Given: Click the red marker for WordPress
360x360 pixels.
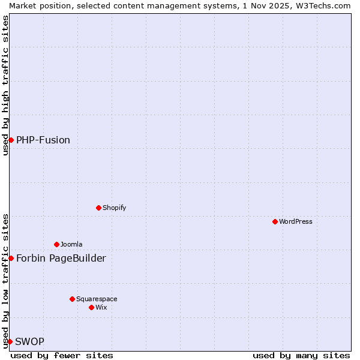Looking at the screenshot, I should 275,221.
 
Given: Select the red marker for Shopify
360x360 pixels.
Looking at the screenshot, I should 98,208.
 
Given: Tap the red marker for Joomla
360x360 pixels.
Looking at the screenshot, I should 56,244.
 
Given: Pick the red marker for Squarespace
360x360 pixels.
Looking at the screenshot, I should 72,299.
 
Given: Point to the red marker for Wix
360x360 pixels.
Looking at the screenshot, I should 91,307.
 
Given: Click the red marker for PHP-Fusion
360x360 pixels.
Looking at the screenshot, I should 11,140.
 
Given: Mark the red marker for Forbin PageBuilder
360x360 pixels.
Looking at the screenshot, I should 11,258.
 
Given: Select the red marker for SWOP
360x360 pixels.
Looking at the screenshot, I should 10,341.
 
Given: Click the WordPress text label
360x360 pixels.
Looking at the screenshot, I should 296,221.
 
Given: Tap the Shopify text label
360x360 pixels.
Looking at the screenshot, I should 114,208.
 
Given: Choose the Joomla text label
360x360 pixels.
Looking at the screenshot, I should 71,244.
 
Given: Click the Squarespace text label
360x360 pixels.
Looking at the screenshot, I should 97,299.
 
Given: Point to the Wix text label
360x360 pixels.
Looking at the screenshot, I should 101,307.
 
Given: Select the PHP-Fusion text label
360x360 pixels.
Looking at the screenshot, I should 43,140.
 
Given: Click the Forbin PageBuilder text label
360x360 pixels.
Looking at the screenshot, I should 61,258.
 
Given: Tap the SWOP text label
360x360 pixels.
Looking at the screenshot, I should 29,341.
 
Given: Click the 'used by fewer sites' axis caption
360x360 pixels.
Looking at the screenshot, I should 62,355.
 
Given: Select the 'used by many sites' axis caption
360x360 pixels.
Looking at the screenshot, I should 301,355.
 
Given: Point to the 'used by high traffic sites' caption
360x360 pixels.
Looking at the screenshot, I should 5,85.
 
